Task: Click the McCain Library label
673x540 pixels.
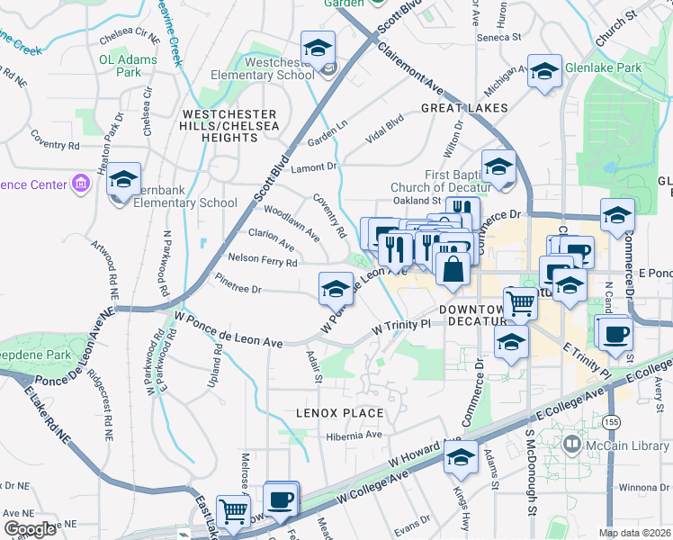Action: pos(630,444)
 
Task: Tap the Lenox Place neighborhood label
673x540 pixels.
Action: pos(340,413)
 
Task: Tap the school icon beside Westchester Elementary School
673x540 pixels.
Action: pos(317,49)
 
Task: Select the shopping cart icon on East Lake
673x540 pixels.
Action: pos(234,511)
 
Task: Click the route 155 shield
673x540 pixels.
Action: pos(613,421)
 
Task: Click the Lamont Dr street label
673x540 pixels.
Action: pos(312,166)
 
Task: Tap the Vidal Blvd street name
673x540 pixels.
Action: pos(384,130)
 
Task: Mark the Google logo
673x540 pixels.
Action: pos(30,529)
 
